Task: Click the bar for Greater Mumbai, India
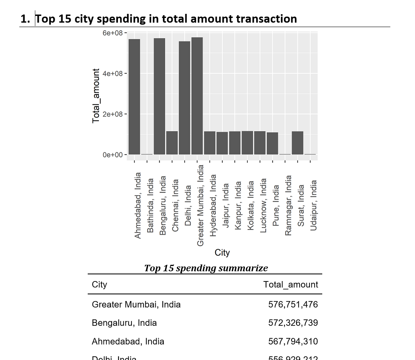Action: point(197,96)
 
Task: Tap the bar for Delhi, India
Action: point(185,98)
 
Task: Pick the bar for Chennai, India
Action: point(172,143)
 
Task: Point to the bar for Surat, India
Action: point(297,143)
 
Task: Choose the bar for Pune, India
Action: point(273,143)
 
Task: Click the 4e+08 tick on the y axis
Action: point(112,73)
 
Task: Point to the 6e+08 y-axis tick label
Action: point(112,33)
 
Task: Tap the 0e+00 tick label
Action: point(112,155)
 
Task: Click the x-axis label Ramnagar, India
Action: point(288,205)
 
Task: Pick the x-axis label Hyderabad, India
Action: point(213,205)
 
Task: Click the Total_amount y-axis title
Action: point(96,96)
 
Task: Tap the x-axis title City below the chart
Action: point(222,252)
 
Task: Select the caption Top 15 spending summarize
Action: point(206,268)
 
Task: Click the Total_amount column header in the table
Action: point(290,285)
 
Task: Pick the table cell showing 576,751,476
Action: point(293,305)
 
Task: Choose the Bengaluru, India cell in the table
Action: point(124,323)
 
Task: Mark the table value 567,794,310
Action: point(293,342)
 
